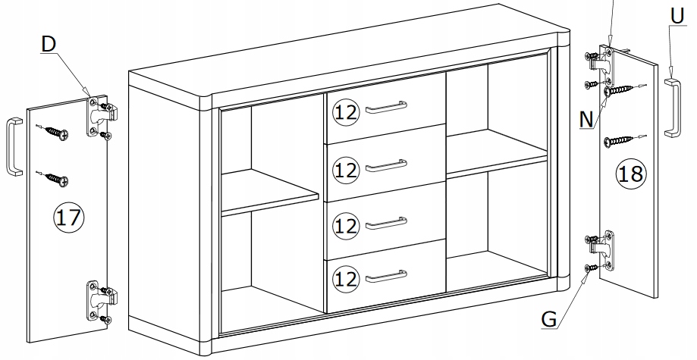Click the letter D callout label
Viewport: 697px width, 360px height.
coord(49,45)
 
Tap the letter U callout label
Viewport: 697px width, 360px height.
coord(677,17)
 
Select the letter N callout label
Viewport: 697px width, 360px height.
coord(587,119)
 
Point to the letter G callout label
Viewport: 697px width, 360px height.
coord(549,319)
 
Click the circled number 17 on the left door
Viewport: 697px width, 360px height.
coord(68,218)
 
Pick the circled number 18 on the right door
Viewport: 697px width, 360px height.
coord(630,174)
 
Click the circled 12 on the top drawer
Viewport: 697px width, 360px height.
coord(345,112)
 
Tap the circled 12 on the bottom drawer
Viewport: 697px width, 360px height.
coord(345,279)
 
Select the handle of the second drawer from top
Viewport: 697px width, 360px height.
coord(386,165)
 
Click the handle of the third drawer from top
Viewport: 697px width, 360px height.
coord(386,223)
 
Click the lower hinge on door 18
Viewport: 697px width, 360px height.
coord(601,250)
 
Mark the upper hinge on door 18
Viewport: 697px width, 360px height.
coord(600,67)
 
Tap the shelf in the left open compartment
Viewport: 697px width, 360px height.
coord(269,192)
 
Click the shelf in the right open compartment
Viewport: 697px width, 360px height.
coord(497,153)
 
